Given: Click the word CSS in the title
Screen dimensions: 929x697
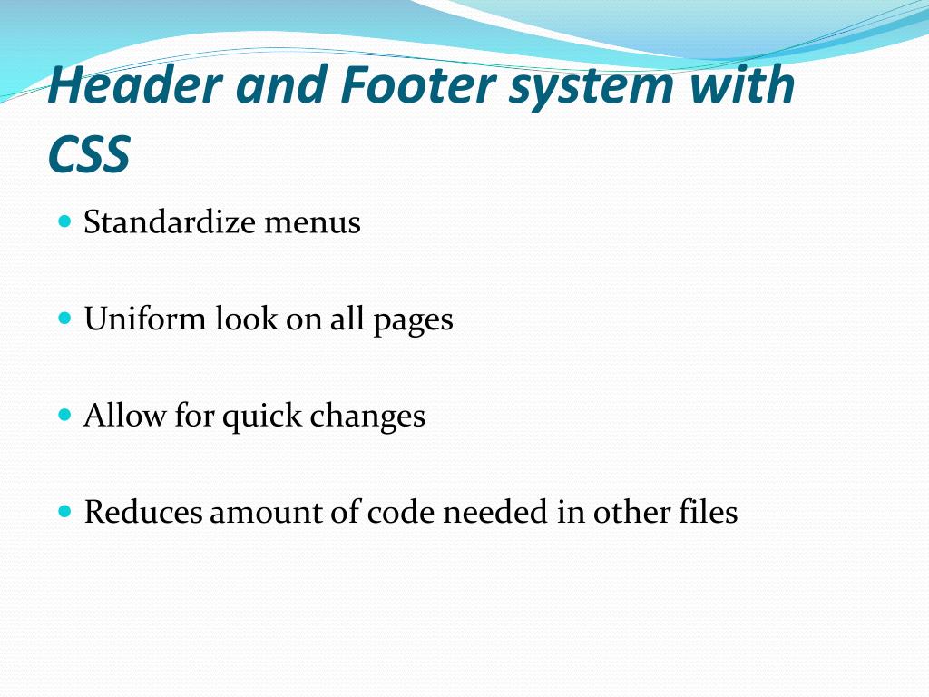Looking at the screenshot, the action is pos(89,155).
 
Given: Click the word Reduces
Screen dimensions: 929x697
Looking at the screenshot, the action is pos(144,513).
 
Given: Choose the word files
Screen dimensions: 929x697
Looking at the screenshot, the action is pos(708,513).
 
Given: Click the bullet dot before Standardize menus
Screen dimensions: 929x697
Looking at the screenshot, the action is pos(64,221).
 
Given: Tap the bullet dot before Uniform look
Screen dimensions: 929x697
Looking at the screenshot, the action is pos(64,319).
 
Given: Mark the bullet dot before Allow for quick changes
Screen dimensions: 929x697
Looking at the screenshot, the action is pos(64,416).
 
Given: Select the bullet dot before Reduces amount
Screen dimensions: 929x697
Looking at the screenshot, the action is pos(64,512).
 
